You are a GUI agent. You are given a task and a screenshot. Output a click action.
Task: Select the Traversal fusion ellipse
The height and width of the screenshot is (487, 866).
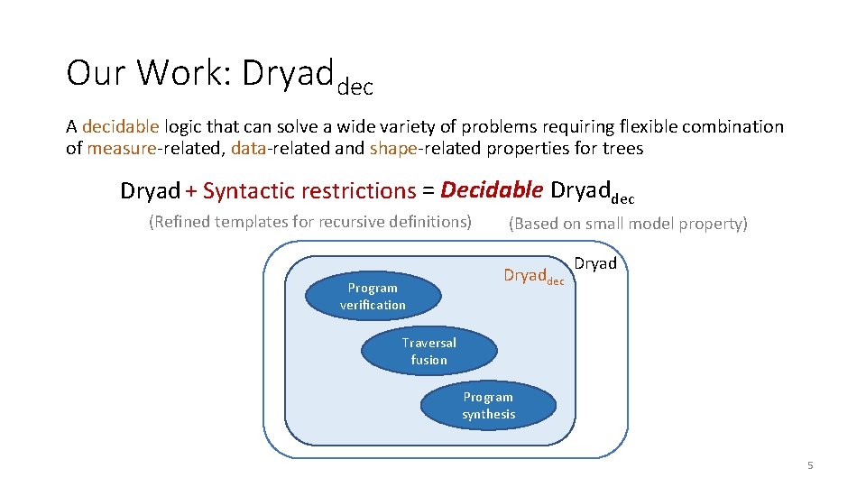point(428,351)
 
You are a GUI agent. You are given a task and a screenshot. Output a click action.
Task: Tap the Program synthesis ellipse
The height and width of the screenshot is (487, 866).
point(488,406)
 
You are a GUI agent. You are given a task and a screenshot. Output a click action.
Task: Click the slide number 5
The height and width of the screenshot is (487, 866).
point(809,465)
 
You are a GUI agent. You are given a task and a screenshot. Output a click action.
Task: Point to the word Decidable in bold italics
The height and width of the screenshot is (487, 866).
point(492,190)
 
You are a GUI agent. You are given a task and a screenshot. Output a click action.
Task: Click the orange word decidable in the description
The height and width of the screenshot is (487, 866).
point(120,127)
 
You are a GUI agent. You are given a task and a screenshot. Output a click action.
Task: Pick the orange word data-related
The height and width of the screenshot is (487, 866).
point(274,149)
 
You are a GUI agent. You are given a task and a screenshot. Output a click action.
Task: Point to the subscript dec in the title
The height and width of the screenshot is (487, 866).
point(355,87)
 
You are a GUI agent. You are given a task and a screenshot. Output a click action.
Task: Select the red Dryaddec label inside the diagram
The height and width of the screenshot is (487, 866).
point(532,276)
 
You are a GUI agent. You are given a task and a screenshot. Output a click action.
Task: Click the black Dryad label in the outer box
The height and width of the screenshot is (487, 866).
point(595,264)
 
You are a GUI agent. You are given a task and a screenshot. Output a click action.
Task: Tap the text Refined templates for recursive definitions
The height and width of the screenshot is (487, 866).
point(309,222)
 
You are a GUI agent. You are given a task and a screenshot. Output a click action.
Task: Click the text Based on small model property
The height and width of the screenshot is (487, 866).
point(628,224)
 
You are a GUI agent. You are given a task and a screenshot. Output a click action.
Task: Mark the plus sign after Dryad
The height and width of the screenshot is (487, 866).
point(191,191)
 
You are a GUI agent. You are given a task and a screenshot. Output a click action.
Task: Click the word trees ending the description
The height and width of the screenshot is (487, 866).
point(622,149)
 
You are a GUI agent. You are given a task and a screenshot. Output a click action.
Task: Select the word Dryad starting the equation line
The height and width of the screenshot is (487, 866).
point(150,191)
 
